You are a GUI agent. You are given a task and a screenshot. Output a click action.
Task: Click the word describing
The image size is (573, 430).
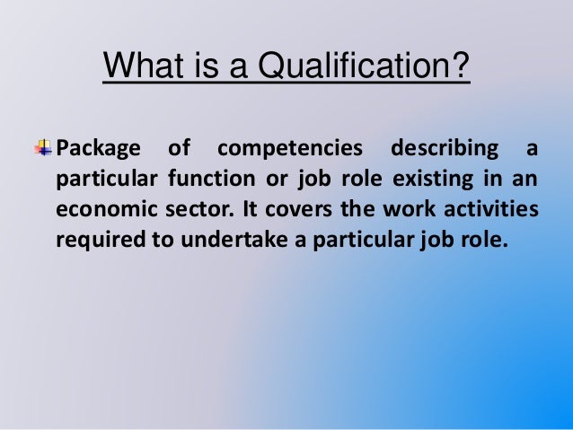[436, 147]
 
